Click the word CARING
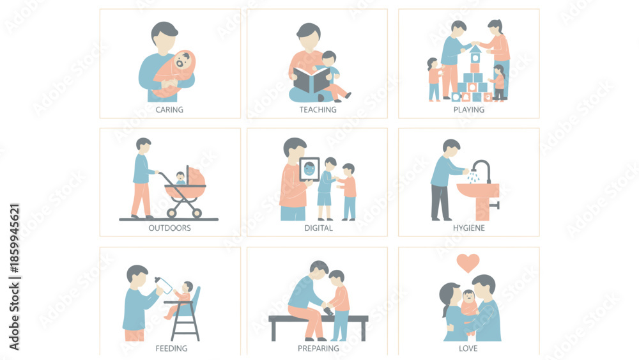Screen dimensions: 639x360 [169, 110]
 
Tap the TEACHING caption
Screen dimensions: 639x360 [318, 110]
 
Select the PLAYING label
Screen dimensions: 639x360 [468, 110]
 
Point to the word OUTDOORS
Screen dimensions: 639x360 [169, 228]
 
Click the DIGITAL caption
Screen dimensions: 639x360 [318, 228]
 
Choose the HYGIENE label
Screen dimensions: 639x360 [468, 228]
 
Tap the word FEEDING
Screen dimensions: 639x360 [171, 348]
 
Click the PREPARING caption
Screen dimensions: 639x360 [318, 348]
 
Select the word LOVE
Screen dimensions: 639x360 [468, 348]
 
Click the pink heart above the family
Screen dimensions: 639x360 [468, 263]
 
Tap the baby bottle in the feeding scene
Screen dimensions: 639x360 [164, 285]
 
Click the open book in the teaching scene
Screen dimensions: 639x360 [311, 80]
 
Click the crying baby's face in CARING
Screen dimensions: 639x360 [182, 61]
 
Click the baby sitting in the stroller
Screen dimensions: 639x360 [180, 178]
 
